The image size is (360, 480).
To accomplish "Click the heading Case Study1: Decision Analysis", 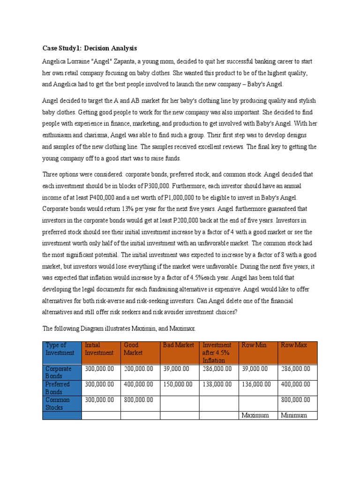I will point(90,48).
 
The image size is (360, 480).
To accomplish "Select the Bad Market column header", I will point(179,345).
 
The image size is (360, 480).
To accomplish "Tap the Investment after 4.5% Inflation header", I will point(218,352).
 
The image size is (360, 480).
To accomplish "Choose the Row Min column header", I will point(254,345).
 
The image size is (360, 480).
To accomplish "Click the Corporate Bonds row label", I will point(61,372).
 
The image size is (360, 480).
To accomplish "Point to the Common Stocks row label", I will point(61,403).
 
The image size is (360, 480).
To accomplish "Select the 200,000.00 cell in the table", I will point(139,369).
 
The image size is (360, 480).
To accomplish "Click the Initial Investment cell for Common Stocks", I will point(100,400).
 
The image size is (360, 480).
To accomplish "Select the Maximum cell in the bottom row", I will point(255,415).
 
